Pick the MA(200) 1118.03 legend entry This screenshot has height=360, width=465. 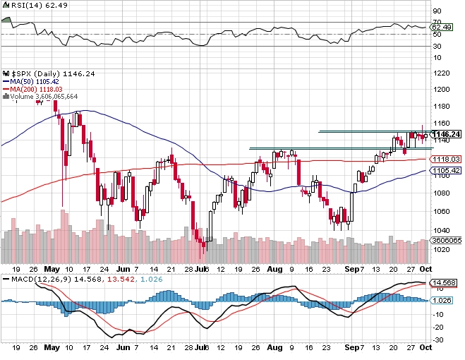(35, 88)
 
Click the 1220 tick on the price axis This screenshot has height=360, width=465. (441, 73)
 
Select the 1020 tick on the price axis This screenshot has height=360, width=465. (441, 249)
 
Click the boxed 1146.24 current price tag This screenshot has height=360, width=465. (445, 134)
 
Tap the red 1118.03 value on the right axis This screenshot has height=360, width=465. (447, 160)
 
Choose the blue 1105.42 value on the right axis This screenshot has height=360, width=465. (447, 171)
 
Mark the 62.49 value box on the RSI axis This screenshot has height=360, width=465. (442, 27)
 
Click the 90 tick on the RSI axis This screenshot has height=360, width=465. (437, 11)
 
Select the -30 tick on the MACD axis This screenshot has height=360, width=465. (438, 340)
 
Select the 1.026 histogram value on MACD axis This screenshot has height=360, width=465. (442, 301)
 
